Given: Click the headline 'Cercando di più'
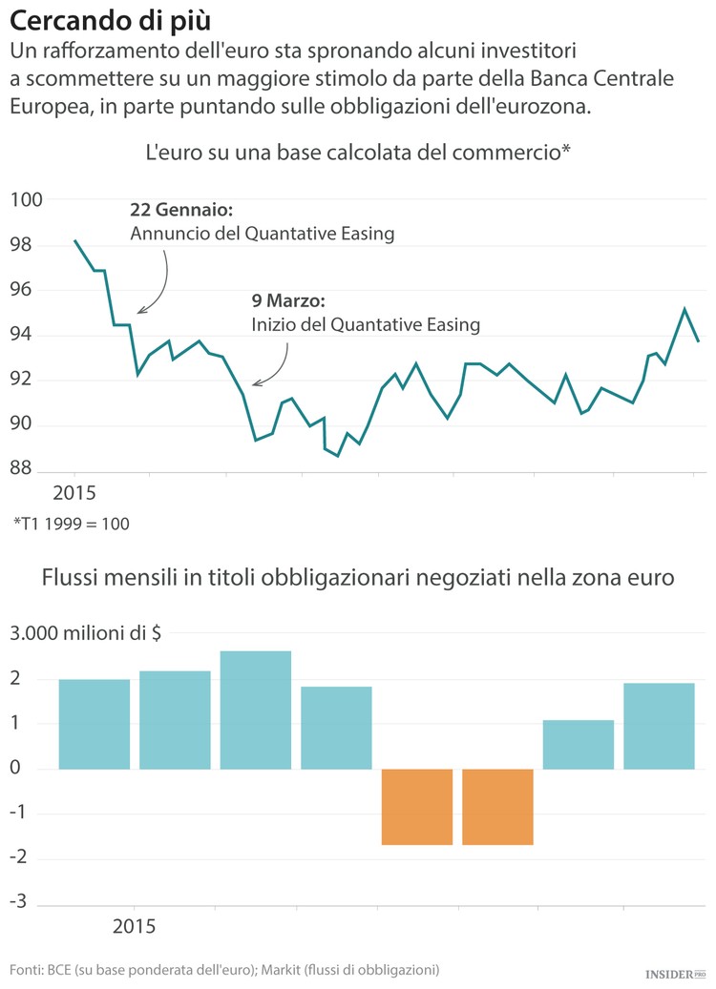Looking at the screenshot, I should tap(111, 20).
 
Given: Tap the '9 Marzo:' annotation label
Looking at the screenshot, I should tap(288, 301).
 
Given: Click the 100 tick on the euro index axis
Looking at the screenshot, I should tap(27, 200).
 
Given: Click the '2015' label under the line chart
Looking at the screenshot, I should tap(74, 494).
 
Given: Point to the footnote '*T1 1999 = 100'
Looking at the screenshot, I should tap(72, 524).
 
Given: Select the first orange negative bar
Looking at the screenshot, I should tap(416, 807).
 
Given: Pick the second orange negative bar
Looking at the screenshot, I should tap(497, 807).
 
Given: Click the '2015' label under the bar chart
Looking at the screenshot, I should tap(134, 926).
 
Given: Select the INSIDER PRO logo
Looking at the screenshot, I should tap(675, 974).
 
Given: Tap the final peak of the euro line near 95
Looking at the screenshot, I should tap(684, 309).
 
